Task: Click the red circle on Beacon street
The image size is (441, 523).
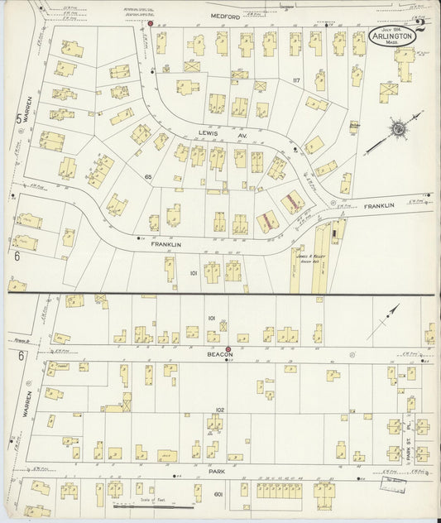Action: coord(228,350)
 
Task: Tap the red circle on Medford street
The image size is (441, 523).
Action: coord(150,23)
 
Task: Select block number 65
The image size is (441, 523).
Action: coord(148,178)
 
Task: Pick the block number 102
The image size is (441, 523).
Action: coord(219,410)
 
